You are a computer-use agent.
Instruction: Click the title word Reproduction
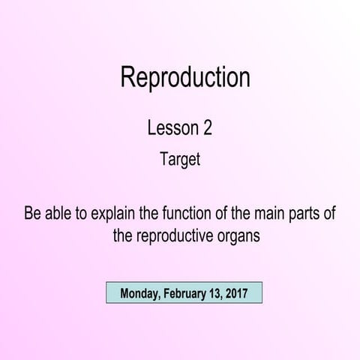[184, 77]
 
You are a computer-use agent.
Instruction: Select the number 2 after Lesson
[208, 127]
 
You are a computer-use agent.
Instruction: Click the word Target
[180, 159]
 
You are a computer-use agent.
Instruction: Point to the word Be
[33, 214]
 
